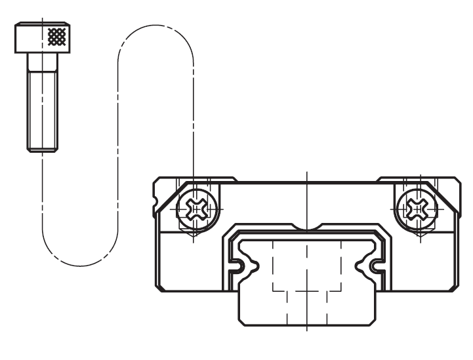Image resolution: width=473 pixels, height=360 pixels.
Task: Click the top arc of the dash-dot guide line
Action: tap(155, 30)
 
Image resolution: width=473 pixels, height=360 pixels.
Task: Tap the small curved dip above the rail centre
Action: tap(306, 229)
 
